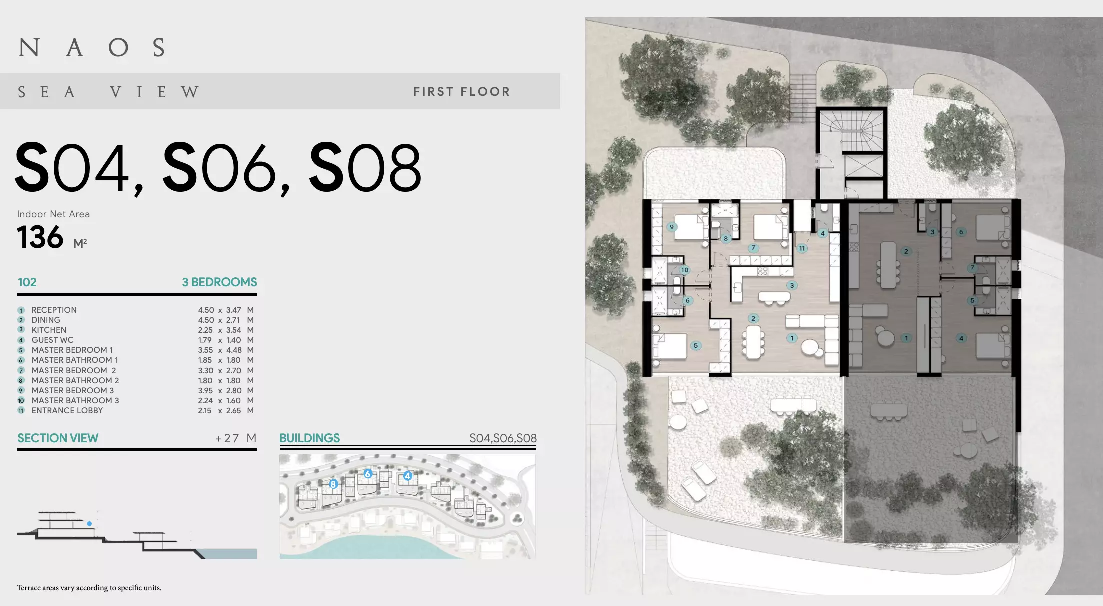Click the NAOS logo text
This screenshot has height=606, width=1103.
click(x=92, y=48)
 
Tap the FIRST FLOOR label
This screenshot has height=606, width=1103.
click(x=462, y=92)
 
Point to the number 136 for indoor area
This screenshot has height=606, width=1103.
click(x=40, y=237)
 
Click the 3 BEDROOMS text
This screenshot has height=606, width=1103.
click(x=219, y=282)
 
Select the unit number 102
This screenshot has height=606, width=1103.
click(x=27, y=282)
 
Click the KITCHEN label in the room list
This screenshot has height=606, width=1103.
click(x=49, y=330)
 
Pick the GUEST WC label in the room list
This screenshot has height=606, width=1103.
click(x=52, y=340)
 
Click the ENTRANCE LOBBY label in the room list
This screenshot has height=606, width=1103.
click(x=67, y=410)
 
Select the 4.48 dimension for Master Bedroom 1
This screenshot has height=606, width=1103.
click(x=234, y=350)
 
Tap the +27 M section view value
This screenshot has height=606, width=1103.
click(x=236, y=438)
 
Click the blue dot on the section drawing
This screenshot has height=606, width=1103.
click(x=89, y=524)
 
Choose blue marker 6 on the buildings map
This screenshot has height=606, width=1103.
click(x=368, y=474)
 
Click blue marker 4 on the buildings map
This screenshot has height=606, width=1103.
click(x=408, y=476)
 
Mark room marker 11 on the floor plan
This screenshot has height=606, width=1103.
click(x=802, y=248)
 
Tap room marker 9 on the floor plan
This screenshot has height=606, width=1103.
click(x=672, y=227)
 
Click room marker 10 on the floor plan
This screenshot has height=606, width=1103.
click(x=684, y=270)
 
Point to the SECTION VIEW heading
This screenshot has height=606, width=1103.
click(x=58, y=438)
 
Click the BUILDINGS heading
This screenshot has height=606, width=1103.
click(x=309, y=438)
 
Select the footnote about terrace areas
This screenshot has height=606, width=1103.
click(x=89, y=588)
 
